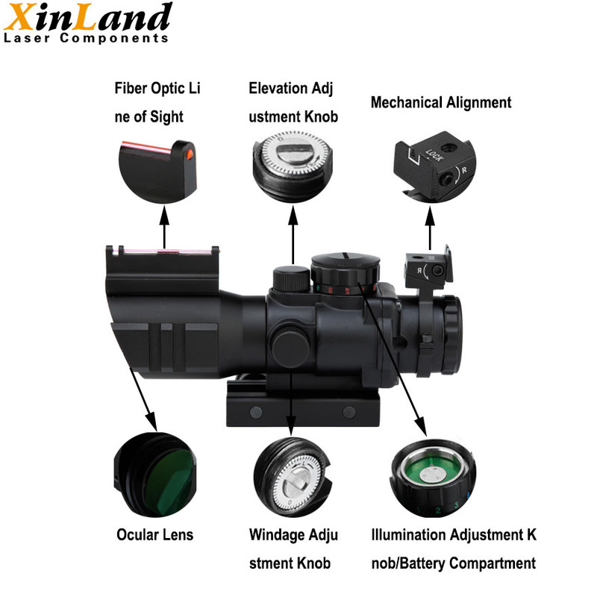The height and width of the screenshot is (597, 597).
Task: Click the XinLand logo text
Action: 87,16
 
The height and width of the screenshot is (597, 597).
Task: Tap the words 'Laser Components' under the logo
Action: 86,38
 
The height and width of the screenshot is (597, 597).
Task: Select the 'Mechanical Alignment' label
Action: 441,103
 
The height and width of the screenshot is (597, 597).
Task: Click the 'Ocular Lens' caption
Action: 155,534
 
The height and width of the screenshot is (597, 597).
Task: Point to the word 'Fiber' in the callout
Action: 131,88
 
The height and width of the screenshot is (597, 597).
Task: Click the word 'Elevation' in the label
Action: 278,88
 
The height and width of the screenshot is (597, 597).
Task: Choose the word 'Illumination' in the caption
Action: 409,534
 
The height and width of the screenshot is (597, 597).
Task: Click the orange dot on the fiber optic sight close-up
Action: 190,154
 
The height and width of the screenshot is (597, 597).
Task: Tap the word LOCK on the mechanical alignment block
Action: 434,155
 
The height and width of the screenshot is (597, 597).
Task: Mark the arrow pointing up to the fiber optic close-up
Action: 164,228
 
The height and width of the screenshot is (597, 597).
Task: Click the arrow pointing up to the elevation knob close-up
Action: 293,235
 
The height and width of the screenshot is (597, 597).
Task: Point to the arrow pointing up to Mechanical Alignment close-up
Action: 430,228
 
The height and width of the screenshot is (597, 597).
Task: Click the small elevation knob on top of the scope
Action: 291,278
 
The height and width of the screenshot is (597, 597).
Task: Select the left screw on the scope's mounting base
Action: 256,412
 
